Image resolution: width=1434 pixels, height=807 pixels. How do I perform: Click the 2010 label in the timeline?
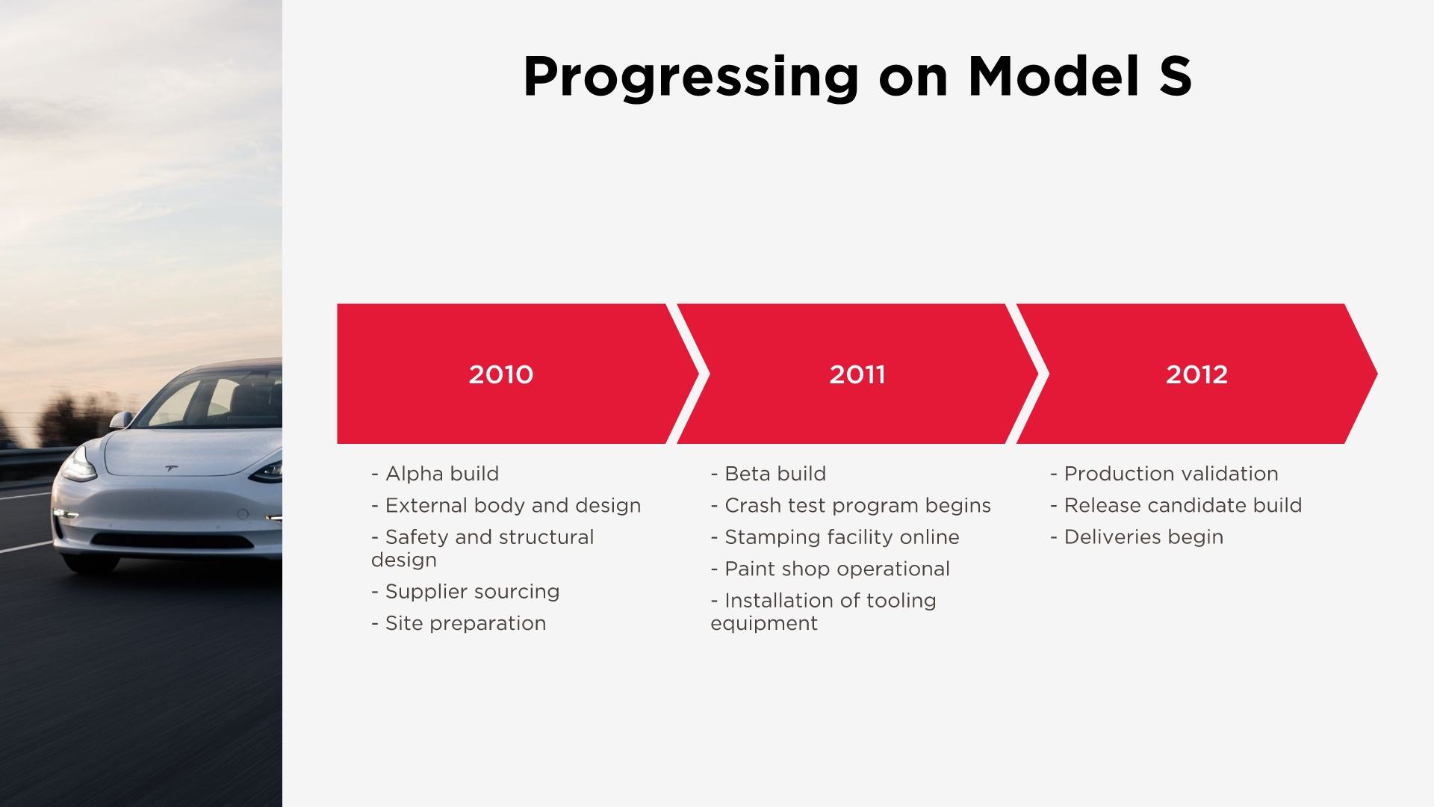500,374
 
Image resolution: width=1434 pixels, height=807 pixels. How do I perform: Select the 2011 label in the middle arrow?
857,374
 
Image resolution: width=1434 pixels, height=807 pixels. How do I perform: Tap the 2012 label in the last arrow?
1196,374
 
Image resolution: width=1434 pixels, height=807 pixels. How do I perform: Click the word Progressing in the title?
692,78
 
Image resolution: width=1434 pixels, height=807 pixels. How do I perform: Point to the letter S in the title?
1175,76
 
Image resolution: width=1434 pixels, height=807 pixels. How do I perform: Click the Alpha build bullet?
435,474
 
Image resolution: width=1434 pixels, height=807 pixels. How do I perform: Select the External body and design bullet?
506,506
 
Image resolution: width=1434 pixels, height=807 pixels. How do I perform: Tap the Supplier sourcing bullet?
465,592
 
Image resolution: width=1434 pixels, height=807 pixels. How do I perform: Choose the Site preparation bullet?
459,623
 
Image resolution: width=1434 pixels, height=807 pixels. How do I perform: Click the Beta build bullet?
769,474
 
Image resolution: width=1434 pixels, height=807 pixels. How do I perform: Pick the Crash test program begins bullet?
851,506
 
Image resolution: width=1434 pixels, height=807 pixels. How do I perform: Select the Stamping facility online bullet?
835,537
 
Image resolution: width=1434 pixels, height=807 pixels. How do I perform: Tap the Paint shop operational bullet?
831,569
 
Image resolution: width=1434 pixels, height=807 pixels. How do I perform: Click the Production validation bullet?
1164,474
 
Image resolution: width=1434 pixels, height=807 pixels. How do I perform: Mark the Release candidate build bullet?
1176,505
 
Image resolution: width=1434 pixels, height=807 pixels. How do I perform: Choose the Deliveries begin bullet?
1137,537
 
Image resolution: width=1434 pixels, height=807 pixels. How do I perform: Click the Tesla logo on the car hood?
172,469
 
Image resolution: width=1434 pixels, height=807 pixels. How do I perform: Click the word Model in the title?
1054,76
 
